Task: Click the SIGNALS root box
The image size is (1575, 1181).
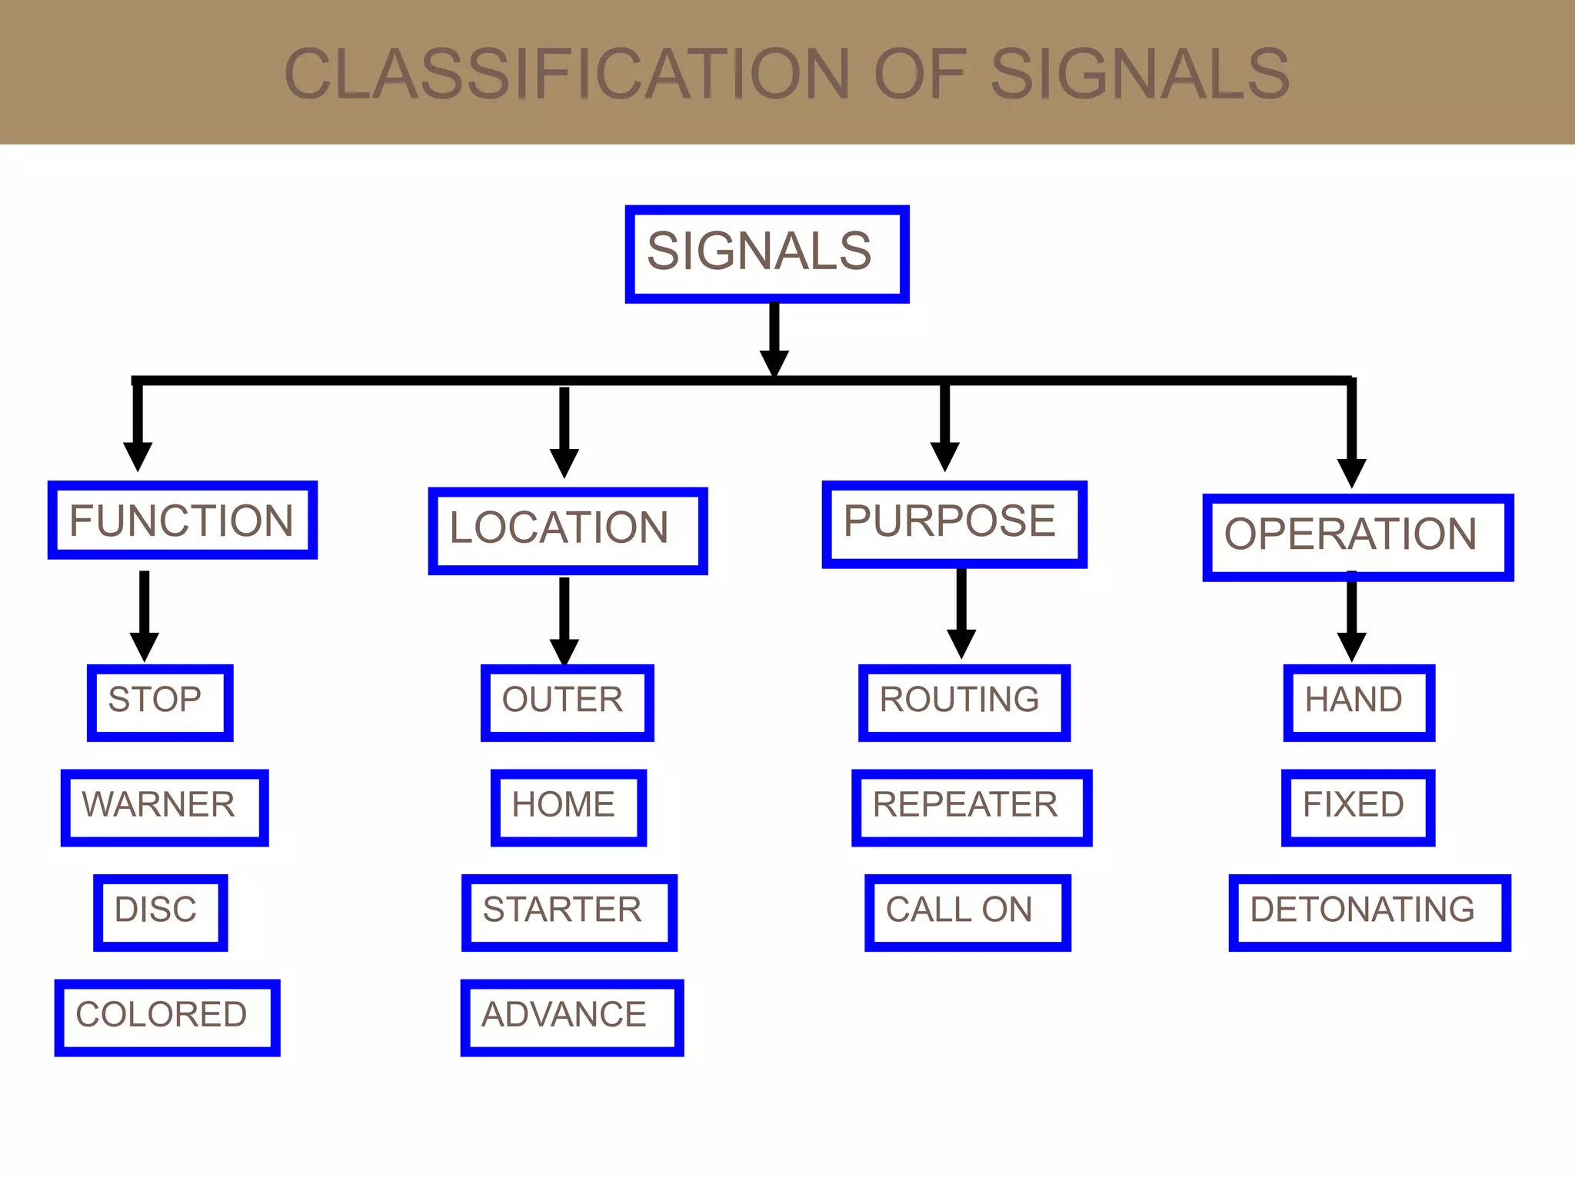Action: pos(767,254)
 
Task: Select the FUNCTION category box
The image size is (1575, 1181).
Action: pos(182,521)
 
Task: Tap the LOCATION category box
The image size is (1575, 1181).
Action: pos(568,531)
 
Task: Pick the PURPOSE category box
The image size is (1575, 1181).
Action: pos(954,524)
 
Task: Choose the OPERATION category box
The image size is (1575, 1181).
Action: pos(1357,537)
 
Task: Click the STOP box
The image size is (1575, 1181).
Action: pos(160,703)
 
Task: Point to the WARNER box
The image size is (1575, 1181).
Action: pos(165,807)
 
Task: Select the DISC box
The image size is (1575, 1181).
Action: pos(160,913)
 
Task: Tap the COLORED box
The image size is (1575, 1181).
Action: pos(167,1017)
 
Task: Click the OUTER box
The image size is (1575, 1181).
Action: pos(567,703)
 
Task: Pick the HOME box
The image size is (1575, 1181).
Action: pos(568,807)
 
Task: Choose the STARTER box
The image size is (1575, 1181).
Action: pos(569,913)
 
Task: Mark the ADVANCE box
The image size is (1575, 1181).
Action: pos(571,1017)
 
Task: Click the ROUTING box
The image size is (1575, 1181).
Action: pos(964,703)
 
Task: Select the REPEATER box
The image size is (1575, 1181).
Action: pos(971,807)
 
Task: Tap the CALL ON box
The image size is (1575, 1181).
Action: pos(967,913)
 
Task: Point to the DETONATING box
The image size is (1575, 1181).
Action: pos(1369,913)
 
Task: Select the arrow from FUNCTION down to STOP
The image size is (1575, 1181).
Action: pos(144,615)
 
